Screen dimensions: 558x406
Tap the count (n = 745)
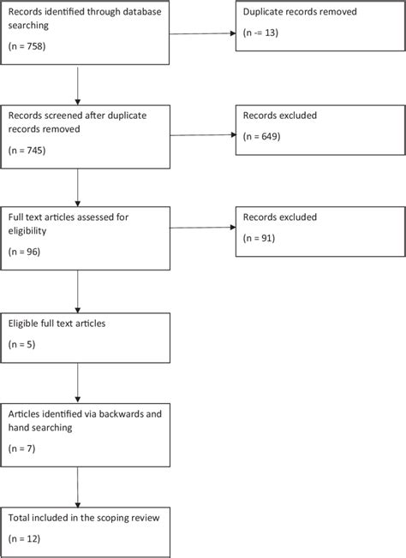coord(26,150)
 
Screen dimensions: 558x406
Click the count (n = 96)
coord(23,252)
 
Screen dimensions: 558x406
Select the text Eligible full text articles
coord(58,325)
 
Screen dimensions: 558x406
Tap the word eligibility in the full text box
coord(29,230)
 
